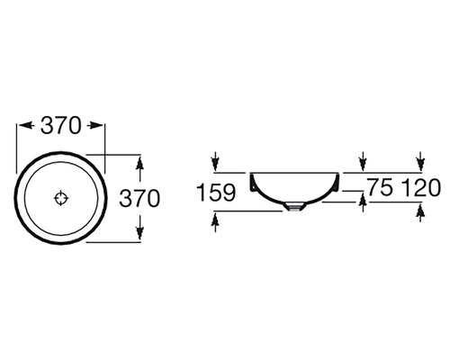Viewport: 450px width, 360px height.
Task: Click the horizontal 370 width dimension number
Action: pyautogui.click(x=61, y=125)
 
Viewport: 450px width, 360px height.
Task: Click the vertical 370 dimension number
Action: pyautogui.click(x=139, y=199)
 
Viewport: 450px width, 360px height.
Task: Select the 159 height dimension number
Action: pyautogui.click(x=216, y=193)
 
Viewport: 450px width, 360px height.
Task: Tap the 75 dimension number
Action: pyautogui.click(x=381, y=187)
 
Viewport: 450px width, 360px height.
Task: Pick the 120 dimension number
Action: pyautogui.click(x=421, y=187)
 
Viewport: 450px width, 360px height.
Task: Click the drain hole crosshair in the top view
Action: pyautogui.click(x=61, y=198)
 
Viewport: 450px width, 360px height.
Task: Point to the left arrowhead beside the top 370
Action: pyautogui.click(x=25, y=125)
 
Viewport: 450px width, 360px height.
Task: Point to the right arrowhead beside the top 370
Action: pyautogui.click(x=95, y=125)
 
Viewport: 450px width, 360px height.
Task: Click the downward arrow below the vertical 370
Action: pyautogui.click(x=139, y=231)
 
